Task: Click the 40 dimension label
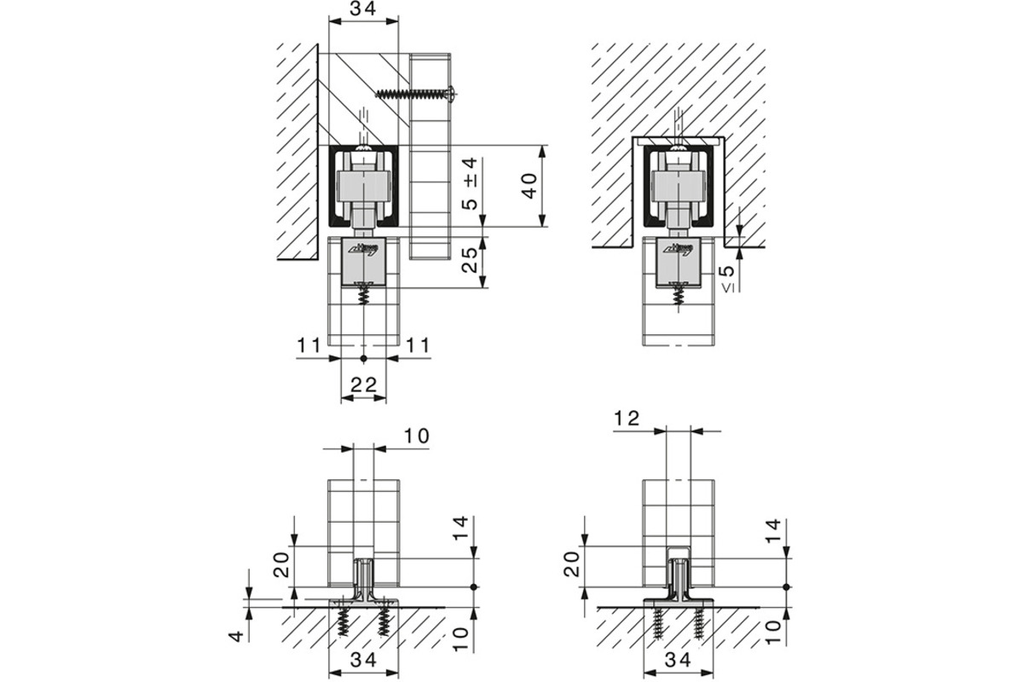pos(529,186)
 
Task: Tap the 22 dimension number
pos(363,385)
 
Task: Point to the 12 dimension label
pos(627,419)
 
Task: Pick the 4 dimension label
pos(238,634)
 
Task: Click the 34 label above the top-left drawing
pos(363,11)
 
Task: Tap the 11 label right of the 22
pos(418,345)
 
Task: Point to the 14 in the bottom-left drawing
pos(459,531)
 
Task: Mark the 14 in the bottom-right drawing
pos(773,531)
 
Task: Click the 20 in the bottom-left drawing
pos(283,564)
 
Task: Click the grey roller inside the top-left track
pos(365,184)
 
